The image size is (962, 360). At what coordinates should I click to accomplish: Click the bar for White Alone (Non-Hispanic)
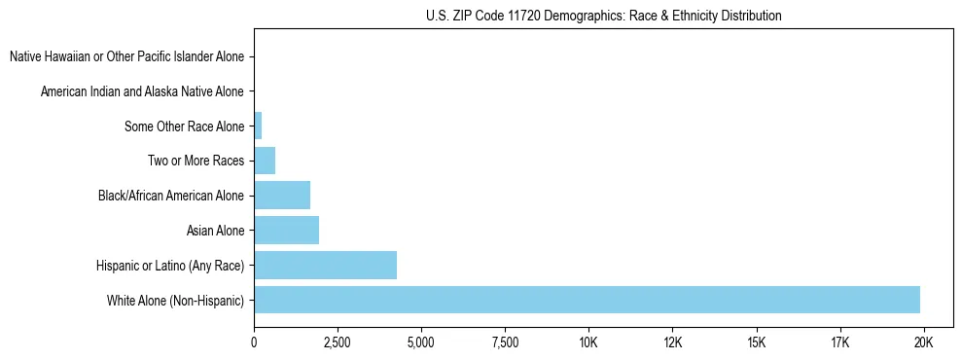587,300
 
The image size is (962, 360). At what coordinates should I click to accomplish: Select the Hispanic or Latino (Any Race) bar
325,265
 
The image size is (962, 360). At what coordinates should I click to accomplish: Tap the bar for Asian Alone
286,231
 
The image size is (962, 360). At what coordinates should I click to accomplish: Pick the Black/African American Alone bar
282,196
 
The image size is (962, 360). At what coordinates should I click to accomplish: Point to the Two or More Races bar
265,161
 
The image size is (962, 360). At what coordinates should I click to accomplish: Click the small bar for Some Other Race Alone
258,126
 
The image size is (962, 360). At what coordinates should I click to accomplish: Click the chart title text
604,16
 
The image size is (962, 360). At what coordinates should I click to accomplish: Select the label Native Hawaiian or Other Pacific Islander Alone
126,56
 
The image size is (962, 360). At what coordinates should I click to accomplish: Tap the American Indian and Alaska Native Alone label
142,91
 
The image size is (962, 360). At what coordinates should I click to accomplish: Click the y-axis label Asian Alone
215,231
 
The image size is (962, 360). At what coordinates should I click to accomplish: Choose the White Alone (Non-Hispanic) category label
175,300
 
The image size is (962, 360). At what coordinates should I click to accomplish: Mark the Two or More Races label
196,161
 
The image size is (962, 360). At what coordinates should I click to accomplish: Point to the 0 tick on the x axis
254,342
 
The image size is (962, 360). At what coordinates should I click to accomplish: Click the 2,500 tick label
338,342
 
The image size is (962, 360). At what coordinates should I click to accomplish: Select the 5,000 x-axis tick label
421,342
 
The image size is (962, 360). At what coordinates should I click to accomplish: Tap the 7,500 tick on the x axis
505,342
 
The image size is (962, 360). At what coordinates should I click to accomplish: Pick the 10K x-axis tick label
588,342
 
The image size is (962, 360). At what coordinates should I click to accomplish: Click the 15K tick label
757,342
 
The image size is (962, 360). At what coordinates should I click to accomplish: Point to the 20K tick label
924,342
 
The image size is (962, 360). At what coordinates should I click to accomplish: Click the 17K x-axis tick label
840,342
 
